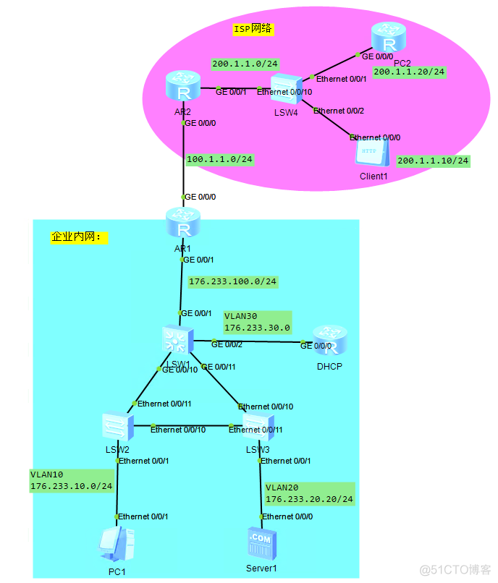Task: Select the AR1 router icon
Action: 182,224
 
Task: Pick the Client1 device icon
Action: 372,153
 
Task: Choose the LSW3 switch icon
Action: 258,427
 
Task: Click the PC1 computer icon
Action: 117,545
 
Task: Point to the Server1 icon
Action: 261,544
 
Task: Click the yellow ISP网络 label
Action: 253,29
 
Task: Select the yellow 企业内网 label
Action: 79,237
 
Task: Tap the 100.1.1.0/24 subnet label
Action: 220,159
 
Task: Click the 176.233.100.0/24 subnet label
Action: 232,281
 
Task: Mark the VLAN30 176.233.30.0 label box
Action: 256,322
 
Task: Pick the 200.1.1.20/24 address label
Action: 409,72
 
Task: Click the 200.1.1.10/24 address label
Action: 434,160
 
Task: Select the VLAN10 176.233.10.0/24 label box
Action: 71,481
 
